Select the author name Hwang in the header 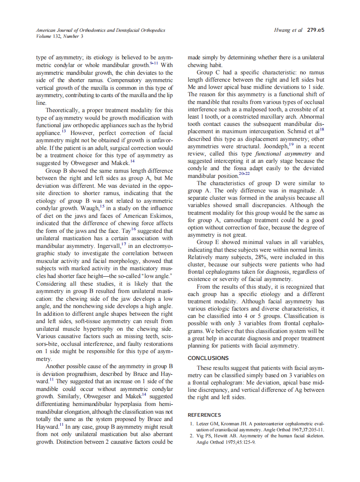pos(282,31)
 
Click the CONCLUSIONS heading pos(208,358)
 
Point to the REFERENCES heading pos(204,415)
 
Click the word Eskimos pos(161,216)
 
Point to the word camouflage pos(224,220)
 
